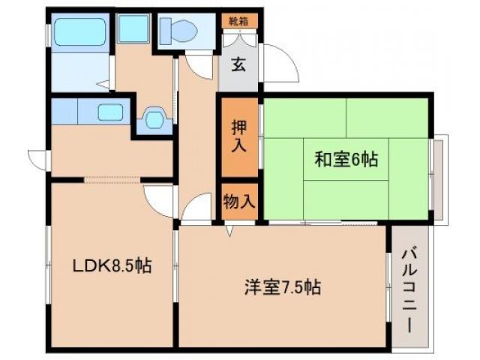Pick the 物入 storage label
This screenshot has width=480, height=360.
239,201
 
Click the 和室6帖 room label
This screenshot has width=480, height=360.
346,159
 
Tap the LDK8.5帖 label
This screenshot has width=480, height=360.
112,265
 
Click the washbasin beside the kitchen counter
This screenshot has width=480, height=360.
154,118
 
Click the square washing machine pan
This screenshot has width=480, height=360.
134,29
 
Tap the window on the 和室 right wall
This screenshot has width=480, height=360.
440,177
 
